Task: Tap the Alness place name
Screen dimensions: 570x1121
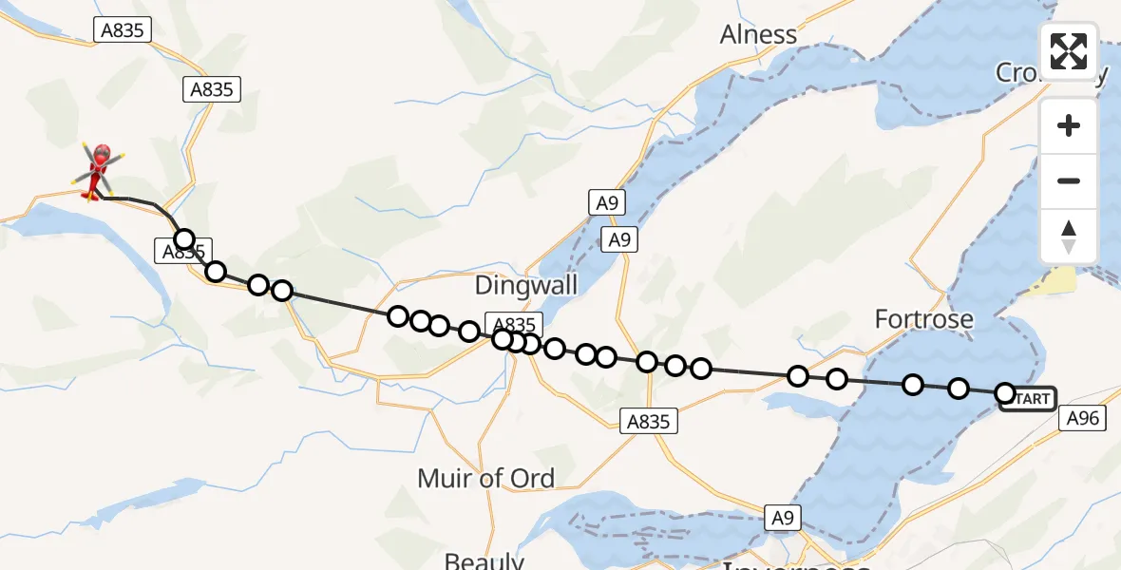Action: coord(758,35)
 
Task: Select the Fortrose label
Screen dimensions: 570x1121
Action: coord(923,319)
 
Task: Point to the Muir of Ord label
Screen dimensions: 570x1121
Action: coord(485,478)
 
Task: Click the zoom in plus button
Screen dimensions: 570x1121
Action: coord(1069,125)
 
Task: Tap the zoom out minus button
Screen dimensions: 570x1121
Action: coord(1069,180)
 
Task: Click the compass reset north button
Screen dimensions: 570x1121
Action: coord(1069,237)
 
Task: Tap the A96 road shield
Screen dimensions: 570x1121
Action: coord(1082,418)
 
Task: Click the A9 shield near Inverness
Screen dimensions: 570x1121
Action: coord(783,518)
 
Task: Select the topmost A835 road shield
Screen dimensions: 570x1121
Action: coord(123,30)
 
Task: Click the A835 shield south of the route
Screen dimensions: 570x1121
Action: coord(650,422)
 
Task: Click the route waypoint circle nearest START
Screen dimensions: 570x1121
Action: coord(1004,392)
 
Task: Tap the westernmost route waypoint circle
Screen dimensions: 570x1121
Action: coord(184,239)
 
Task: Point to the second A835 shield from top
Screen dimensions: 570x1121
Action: coord(211,89)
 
